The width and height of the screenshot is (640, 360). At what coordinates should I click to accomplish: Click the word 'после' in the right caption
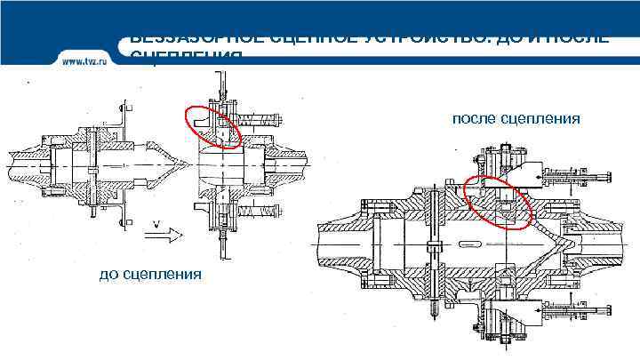tap(476, 119)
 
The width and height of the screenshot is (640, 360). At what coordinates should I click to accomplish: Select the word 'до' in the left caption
tap(108, 273)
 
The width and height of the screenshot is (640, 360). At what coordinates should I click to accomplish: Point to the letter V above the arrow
tap(156, 223)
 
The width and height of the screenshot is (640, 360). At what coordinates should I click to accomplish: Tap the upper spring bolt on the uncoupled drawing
tap(264, 117)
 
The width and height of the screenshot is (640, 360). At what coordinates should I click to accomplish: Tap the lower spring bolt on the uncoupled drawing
tap(264, 212)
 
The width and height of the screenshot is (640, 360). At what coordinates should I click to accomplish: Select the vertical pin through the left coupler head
tap(92, 167)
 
